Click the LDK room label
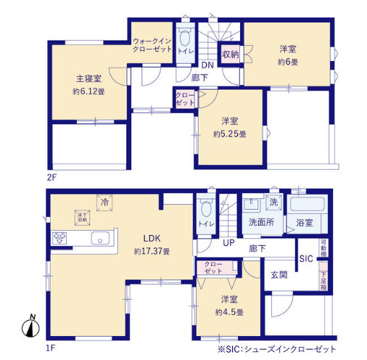click(x=151, y=237)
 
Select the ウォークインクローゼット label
click(x=152, y=45)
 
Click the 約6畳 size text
click(x=289, y=62)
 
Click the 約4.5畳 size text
click(x=228, y=312)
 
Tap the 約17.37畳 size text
click(x=151, y=251)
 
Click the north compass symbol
click(x=30, y=328)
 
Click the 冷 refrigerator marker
click(x=104, y=203)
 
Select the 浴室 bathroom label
click(x=304, y=224)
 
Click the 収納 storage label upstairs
click(x=231, y=54)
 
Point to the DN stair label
click(x=207, y=65)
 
